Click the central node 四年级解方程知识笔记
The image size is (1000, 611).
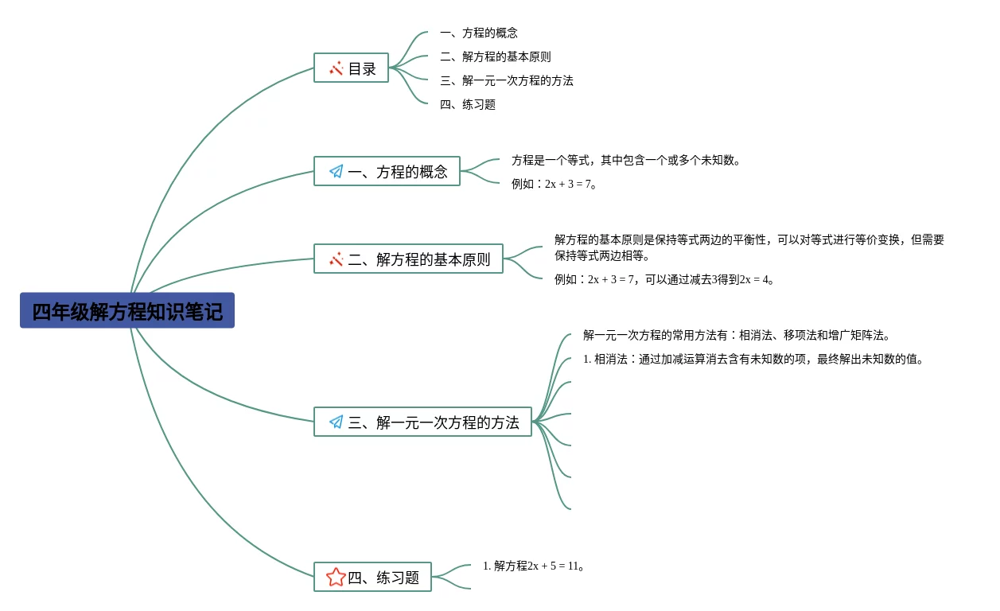pyautogui.click(x=127, y=311)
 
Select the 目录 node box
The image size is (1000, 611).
pyautogui.click(x=351, y=68)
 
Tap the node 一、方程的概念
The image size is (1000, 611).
pyautogui.click(x=387, y=172)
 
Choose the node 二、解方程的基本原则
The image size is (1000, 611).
pyautogui.click(x=408, y=259)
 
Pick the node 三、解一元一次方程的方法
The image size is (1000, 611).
pyautogui.click(x=422, y=422)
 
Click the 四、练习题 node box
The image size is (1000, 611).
pyautogui.click(x=372, y=578)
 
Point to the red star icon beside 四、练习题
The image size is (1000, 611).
pyautogui.click(x=336, y=578)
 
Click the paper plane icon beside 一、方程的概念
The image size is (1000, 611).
pyautogui.click(x=337, y=172)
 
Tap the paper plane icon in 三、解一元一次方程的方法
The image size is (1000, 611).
pyautogui.click(x=337, y=422)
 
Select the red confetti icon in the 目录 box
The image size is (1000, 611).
pyautogui.click(x=337, y=68)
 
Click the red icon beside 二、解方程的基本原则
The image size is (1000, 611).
pyautogui.click(x=337, y=259)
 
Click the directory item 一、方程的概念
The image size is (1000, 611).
pyautogui.click(x=479, y=33)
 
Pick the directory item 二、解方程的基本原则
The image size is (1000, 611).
pyautogui.click(x=495, y=56)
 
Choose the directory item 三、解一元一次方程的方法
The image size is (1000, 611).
pyautogui.click(x=506, y=80)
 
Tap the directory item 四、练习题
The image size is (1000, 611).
pyautogui.click(x=468, y=104)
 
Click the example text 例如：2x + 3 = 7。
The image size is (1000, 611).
pyautogui.click(x=554, y=184)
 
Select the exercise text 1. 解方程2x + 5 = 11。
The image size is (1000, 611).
pyautogui.click(x=534, y=566)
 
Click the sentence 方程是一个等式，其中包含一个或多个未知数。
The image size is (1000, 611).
pyautogui.click(x=626, y=160)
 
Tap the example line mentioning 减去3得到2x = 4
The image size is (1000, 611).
pyautogui.click(x=664, y=279)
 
